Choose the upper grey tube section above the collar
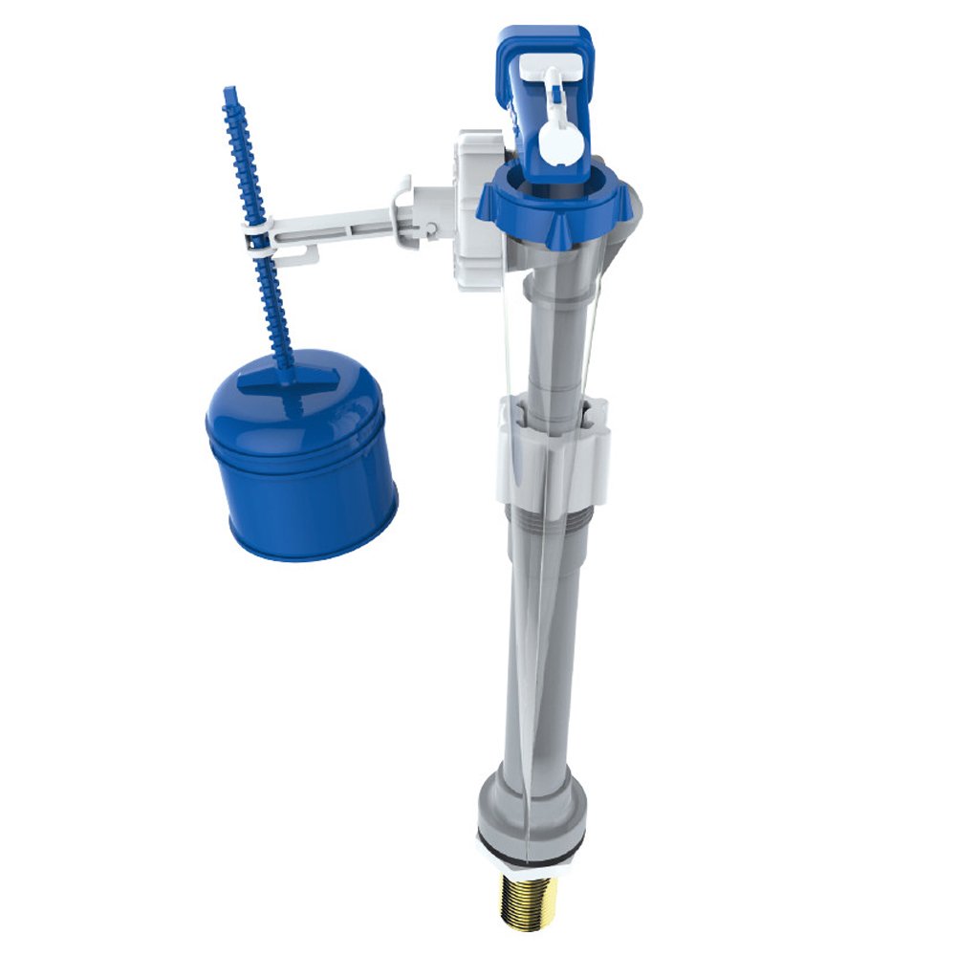550,325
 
